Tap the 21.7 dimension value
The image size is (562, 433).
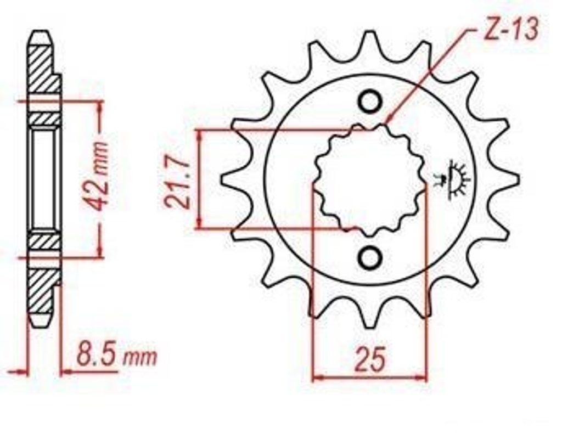coord(177,183)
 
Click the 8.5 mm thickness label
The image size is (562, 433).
coord(117,356)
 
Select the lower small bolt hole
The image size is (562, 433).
coord(370,257)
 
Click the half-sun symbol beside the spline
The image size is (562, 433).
coord(452,179)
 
